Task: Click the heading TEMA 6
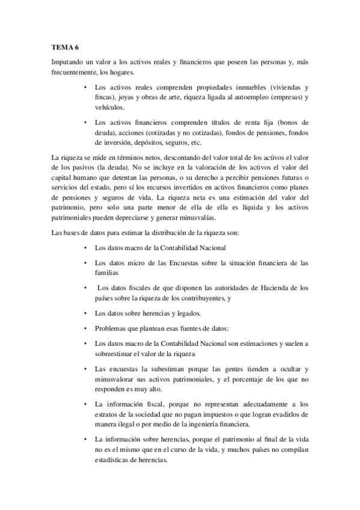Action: pyautogui.click(x=66, y=48)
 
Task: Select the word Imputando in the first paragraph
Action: pyautogui.click(x=68, y=63)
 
